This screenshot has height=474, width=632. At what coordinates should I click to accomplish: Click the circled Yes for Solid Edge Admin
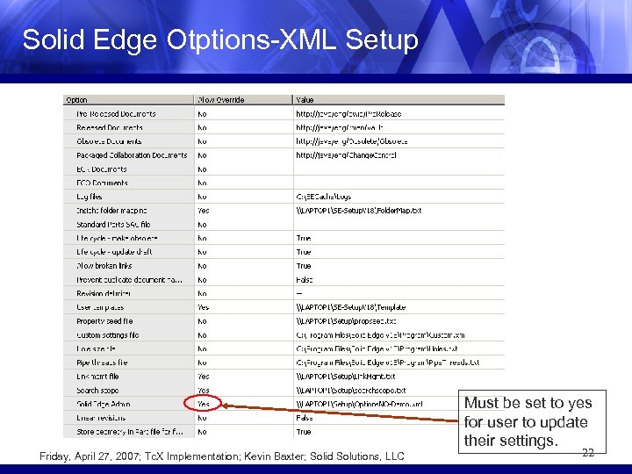coord(204,404)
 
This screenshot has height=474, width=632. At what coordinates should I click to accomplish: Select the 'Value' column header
coord(305,99)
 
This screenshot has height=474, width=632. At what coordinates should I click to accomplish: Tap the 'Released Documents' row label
coord(109,127)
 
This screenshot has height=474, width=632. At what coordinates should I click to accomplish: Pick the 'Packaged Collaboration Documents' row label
coord(131,154)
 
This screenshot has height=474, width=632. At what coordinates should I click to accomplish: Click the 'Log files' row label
coord(89,196)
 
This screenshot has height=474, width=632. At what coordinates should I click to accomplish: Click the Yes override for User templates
coord(204,307)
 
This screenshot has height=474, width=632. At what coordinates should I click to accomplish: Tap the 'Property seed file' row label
coord(106,320)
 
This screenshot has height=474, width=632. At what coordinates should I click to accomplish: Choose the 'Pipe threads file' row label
coord(102,362)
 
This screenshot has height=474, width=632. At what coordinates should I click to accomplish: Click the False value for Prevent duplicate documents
coord(304,279)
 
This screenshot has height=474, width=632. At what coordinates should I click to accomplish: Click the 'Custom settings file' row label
coord(107,334)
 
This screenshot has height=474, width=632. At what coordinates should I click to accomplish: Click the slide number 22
coord(588,452)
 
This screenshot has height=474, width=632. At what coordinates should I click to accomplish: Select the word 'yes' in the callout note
coord(578,403)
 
